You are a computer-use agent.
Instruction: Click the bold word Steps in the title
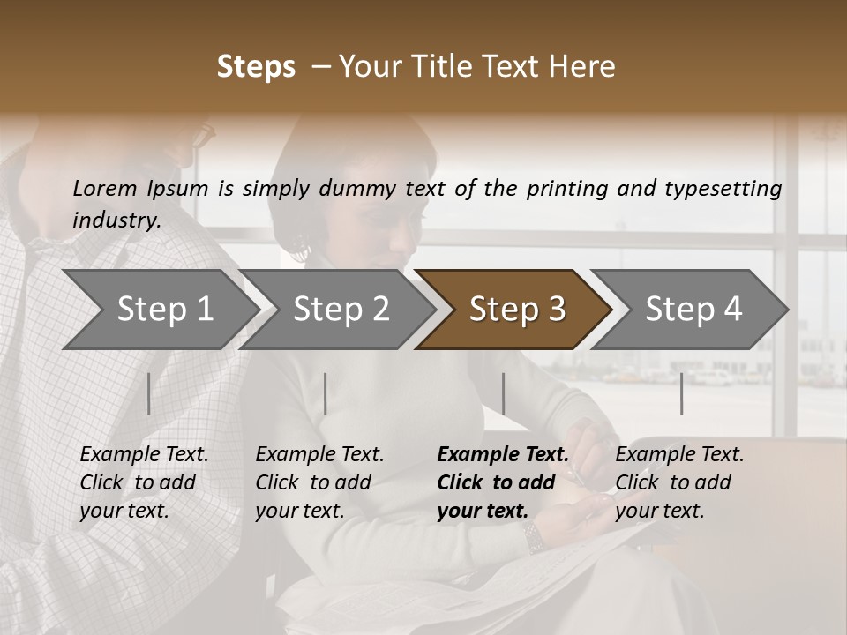pyautogui.click(x=256, y=67)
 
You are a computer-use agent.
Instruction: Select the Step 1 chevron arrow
pyautogui.click(x=159, y=310)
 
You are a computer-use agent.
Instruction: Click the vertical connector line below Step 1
pyautogui.click(x=149, y=393)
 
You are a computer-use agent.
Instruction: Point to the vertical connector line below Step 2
pyautogui.click(x=326, y=393)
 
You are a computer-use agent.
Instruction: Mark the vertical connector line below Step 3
pyautogui.click(x=503, y=393)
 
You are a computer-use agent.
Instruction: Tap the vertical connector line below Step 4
pyautogui.click(x=681, y=393)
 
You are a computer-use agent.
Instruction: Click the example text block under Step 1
pyautogui.click(x=144, y=482)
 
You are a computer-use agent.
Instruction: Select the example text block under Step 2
pyautogui.click(x=319, y=482)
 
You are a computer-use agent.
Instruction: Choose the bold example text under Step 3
pyautogui.click(x=502, y=482)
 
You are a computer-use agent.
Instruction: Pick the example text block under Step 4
pyautogui.click(x=679, y=482)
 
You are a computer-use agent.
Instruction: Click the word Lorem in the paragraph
pyautogui.click(x=105, y=188)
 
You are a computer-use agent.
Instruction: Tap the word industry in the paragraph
pyautogui.click(x=116, y=220)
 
